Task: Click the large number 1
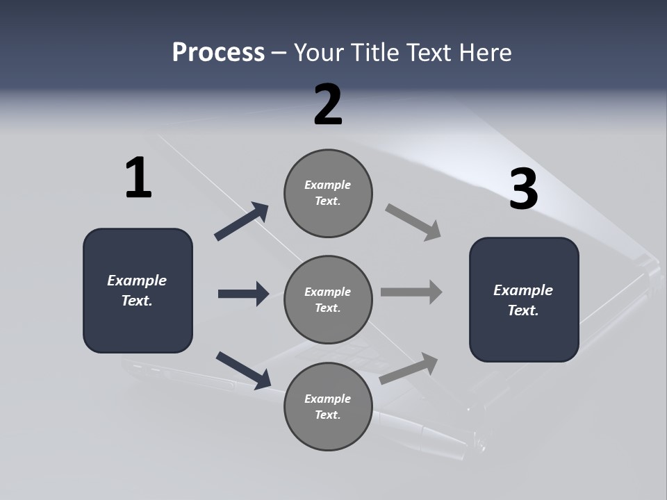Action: [138, 178]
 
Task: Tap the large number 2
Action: [328, 105]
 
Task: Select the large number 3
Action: [523, 190]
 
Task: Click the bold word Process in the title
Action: [218, 52]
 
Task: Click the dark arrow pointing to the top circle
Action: [241, 222]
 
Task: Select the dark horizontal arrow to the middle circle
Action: [243, 294]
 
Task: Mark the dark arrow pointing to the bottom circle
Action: [243, 369]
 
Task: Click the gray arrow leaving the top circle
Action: [413, 222]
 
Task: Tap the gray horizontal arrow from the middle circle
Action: [411, 292]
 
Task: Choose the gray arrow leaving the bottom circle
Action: [409, 369]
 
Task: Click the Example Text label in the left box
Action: [137, 290]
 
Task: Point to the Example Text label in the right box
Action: [523, 300]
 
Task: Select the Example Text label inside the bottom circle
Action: [327, 406]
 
